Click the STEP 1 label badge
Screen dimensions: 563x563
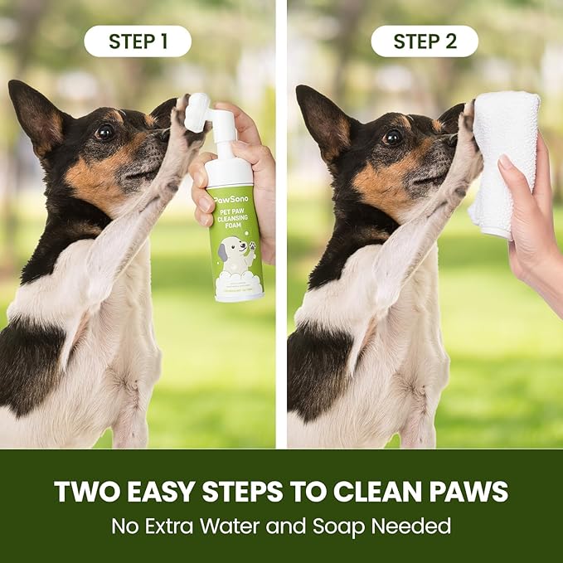coord(138,41)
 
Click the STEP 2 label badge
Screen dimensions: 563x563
coord(425,41)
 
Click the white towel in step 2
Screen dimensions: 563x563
coord(503,162)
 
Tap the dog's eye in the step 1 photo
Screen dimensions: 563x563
coord(104,131)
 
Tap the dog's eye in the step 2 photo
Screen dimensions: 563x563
coord(392,137)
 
